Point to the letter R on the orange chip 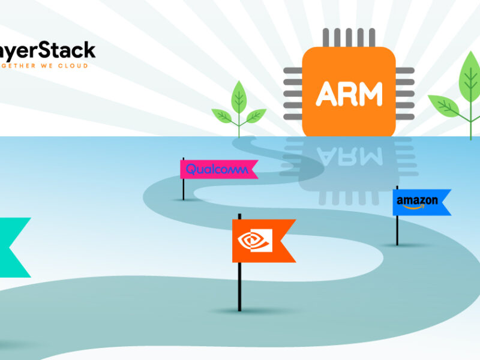click(348, 93)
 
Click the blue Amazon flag click(419, 202)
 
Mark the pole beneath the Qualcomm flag click(184, 188)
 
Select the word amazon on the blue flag click(417, 200)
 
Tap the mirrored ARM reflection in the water click(349, 157)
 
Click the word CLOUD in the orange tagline click(80, 65)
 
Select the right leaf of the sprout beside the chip click(257, 113)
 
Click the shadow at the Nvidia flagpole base click(240, 311)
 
